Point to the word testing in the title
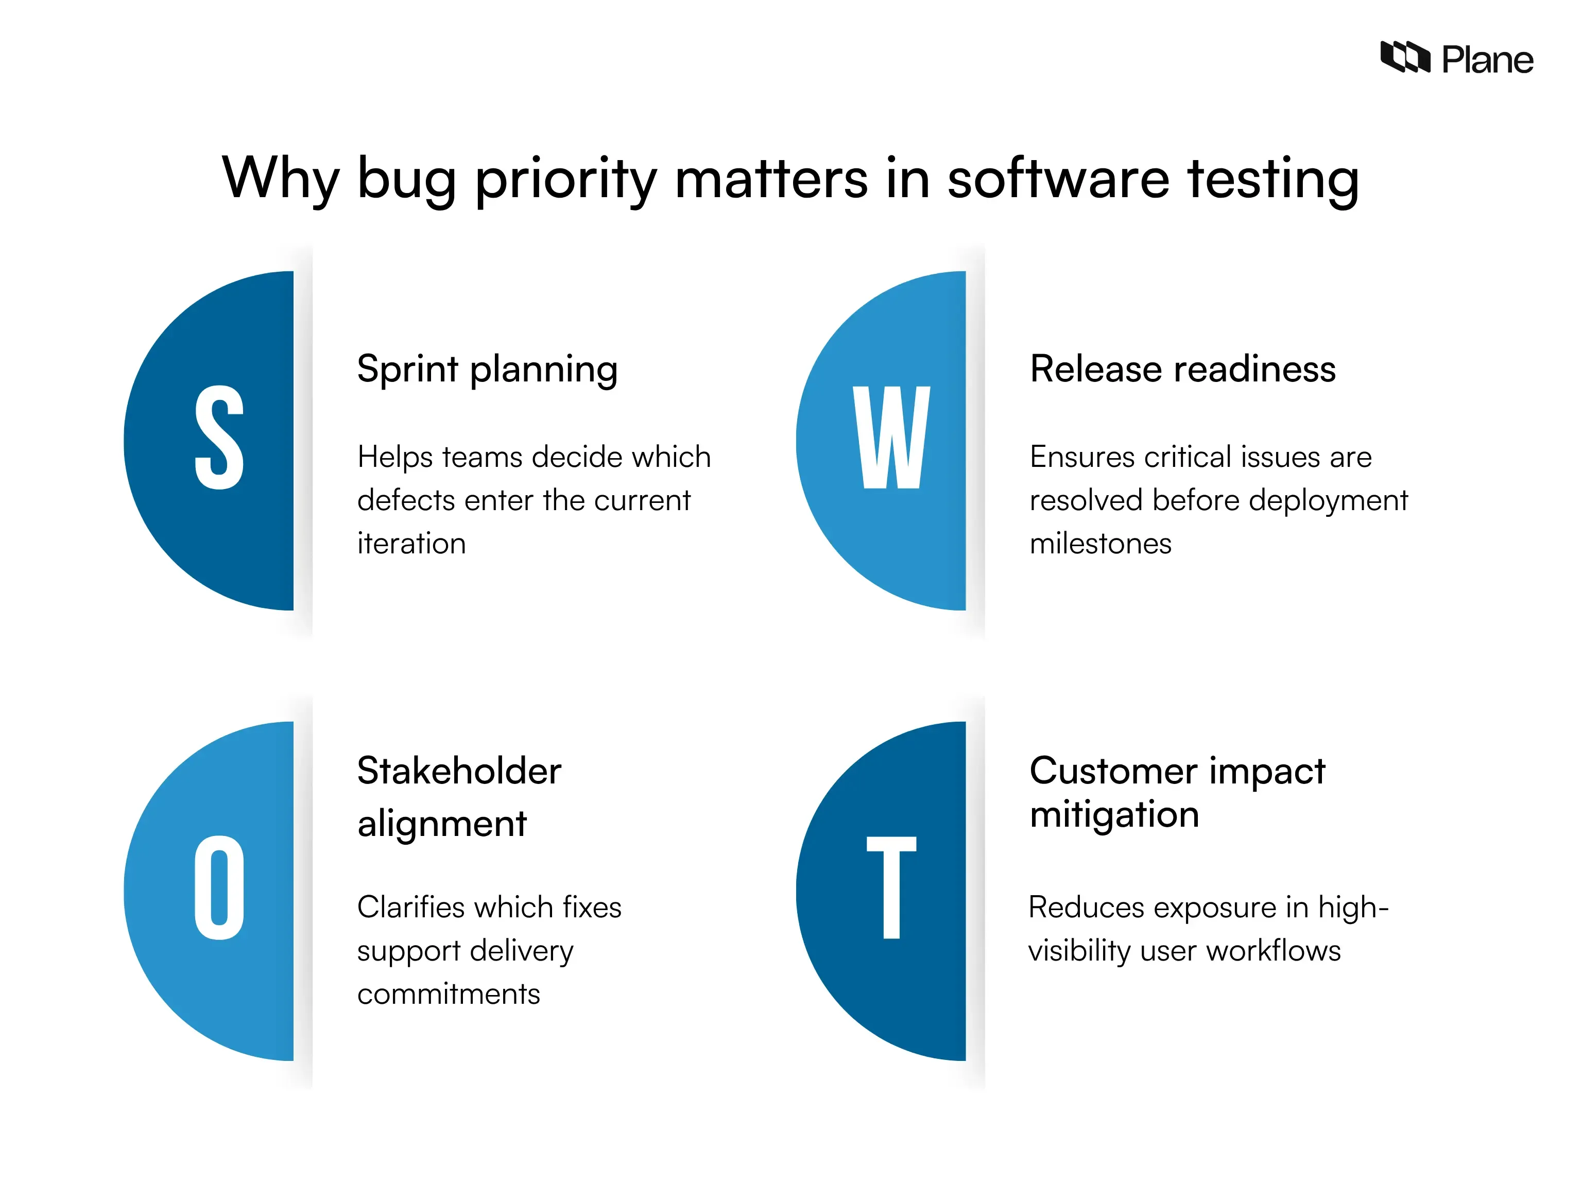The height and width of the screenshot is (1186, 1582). [x=1273, y=179]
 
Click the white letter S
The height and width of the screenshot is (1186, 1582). [x=219, y=438]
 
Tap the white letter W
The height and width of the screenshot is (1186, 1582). [x=891, y=438]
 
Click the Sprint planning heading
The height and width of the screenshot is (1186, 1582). [x=487, y=370]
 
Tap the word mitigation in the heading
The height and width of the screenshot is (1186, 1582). [x=1114, y=814]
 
